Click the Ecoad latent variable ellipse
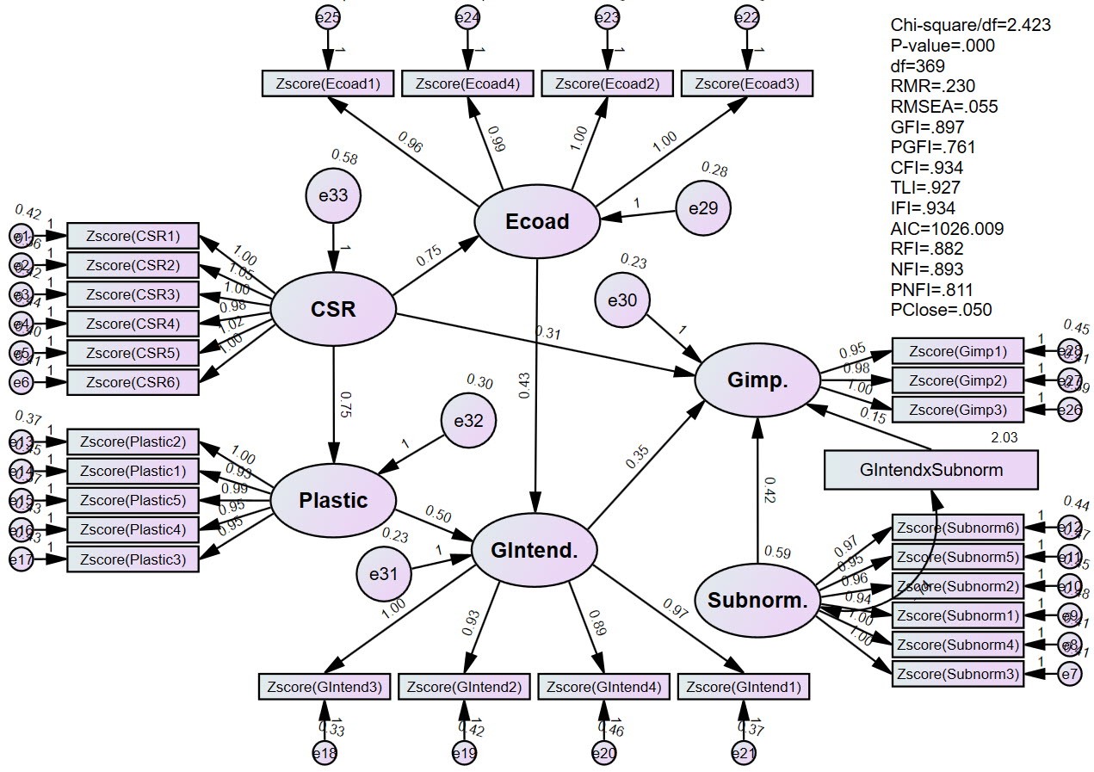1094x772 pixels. pos(538,220)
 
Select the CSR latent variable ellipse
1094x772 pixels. pos(333,308)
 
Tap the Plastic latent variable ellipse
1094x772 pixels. pos(333,500)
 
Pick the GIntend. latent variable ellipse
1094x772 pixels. pos(535,551)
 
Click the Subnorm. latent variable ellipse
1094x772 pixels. pos(757,601)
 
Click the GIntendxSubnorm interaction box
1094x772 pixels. pos(930,471)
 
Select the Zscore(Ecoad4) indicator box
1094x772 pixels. pos(467,83)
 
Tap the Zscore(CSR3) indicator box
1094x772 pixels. pos(133,294)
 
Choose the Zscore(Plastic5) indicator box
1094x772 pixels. pos(133,500)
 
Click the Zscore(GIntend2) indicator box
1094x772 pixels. pos(464,687)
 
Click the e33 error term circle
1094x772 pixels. pos(333,195)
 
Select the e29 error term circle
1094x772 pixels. pos(703,207)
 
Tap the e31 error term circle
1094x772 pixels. pos(384,572)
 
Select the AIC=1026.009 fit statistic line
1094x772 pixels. pos(947,229)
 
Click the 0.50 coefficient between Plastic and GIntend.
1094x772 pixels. pos(437,516)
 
